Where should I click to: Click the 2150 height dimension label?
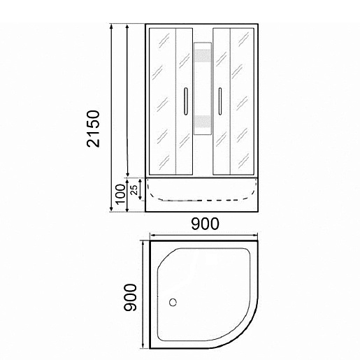[x=93, y=129]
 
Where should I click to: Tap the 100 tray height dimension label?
[x=121, y=194]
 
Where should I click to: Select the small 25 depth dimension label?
[x=134, y=189]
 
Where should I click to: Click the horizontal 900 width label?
[x=206, y=224]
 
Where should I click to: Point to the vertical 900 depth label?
[x=130, y=297]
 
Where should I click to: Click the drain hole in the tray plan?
[x=173, y=303]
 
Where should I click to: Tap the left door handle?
[x=186, y=101]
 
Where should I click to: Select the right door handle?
[x=219, y=101]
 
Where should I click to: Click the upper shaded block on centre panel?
[x=203, y=56]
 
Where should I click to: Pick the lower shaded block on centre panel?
[x=203, y=122]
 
